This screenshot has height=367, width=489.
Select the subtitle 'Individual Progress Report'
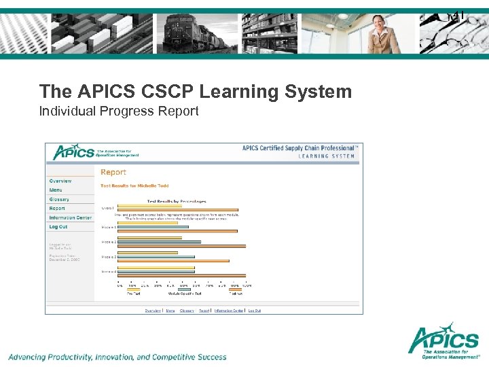(x=119, y=111)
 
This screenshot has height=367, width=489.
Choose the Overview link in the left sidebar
(x=60, y=181)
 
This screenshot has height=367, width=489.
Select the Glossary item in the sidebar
(x=59, y=200)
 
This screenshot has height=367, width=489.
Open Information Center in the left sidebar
(x=70, y=217)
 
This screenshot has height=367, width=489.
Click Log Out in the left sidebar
(x=58, y=227)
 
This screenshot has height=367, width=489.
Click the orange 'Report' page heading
(x=113, y=173)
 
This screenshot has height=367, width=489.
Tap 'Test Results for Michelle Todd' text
(x=134, y=186)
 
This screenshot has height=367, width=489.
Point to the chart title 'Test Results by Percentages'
(x=176, y=202)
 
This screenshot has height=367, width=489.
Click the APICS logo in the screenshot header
(x=73, y=152)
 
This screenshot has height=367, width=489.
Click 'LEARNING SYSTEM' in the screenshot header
(x=327, y=156)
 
